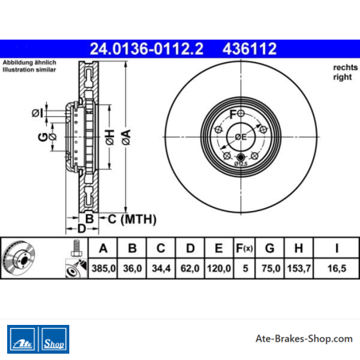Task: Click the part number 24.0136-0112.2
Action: click(147, 49)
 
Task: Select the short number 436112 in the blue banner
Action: click(249, 49)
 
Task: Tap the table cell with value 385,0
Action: click(104, 268)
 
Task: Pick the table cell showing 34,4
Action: click(161, 268)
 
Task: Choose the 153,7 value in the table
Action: click(299, 268)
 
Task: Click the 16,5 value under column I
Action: click(337, 268)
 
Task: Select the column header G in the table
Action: click(270, 248)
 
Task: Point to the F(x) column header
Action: click(245, 248)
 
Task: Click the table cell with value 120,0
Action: click(218, 268)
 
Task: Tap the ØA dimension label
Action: click(127, 137)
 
